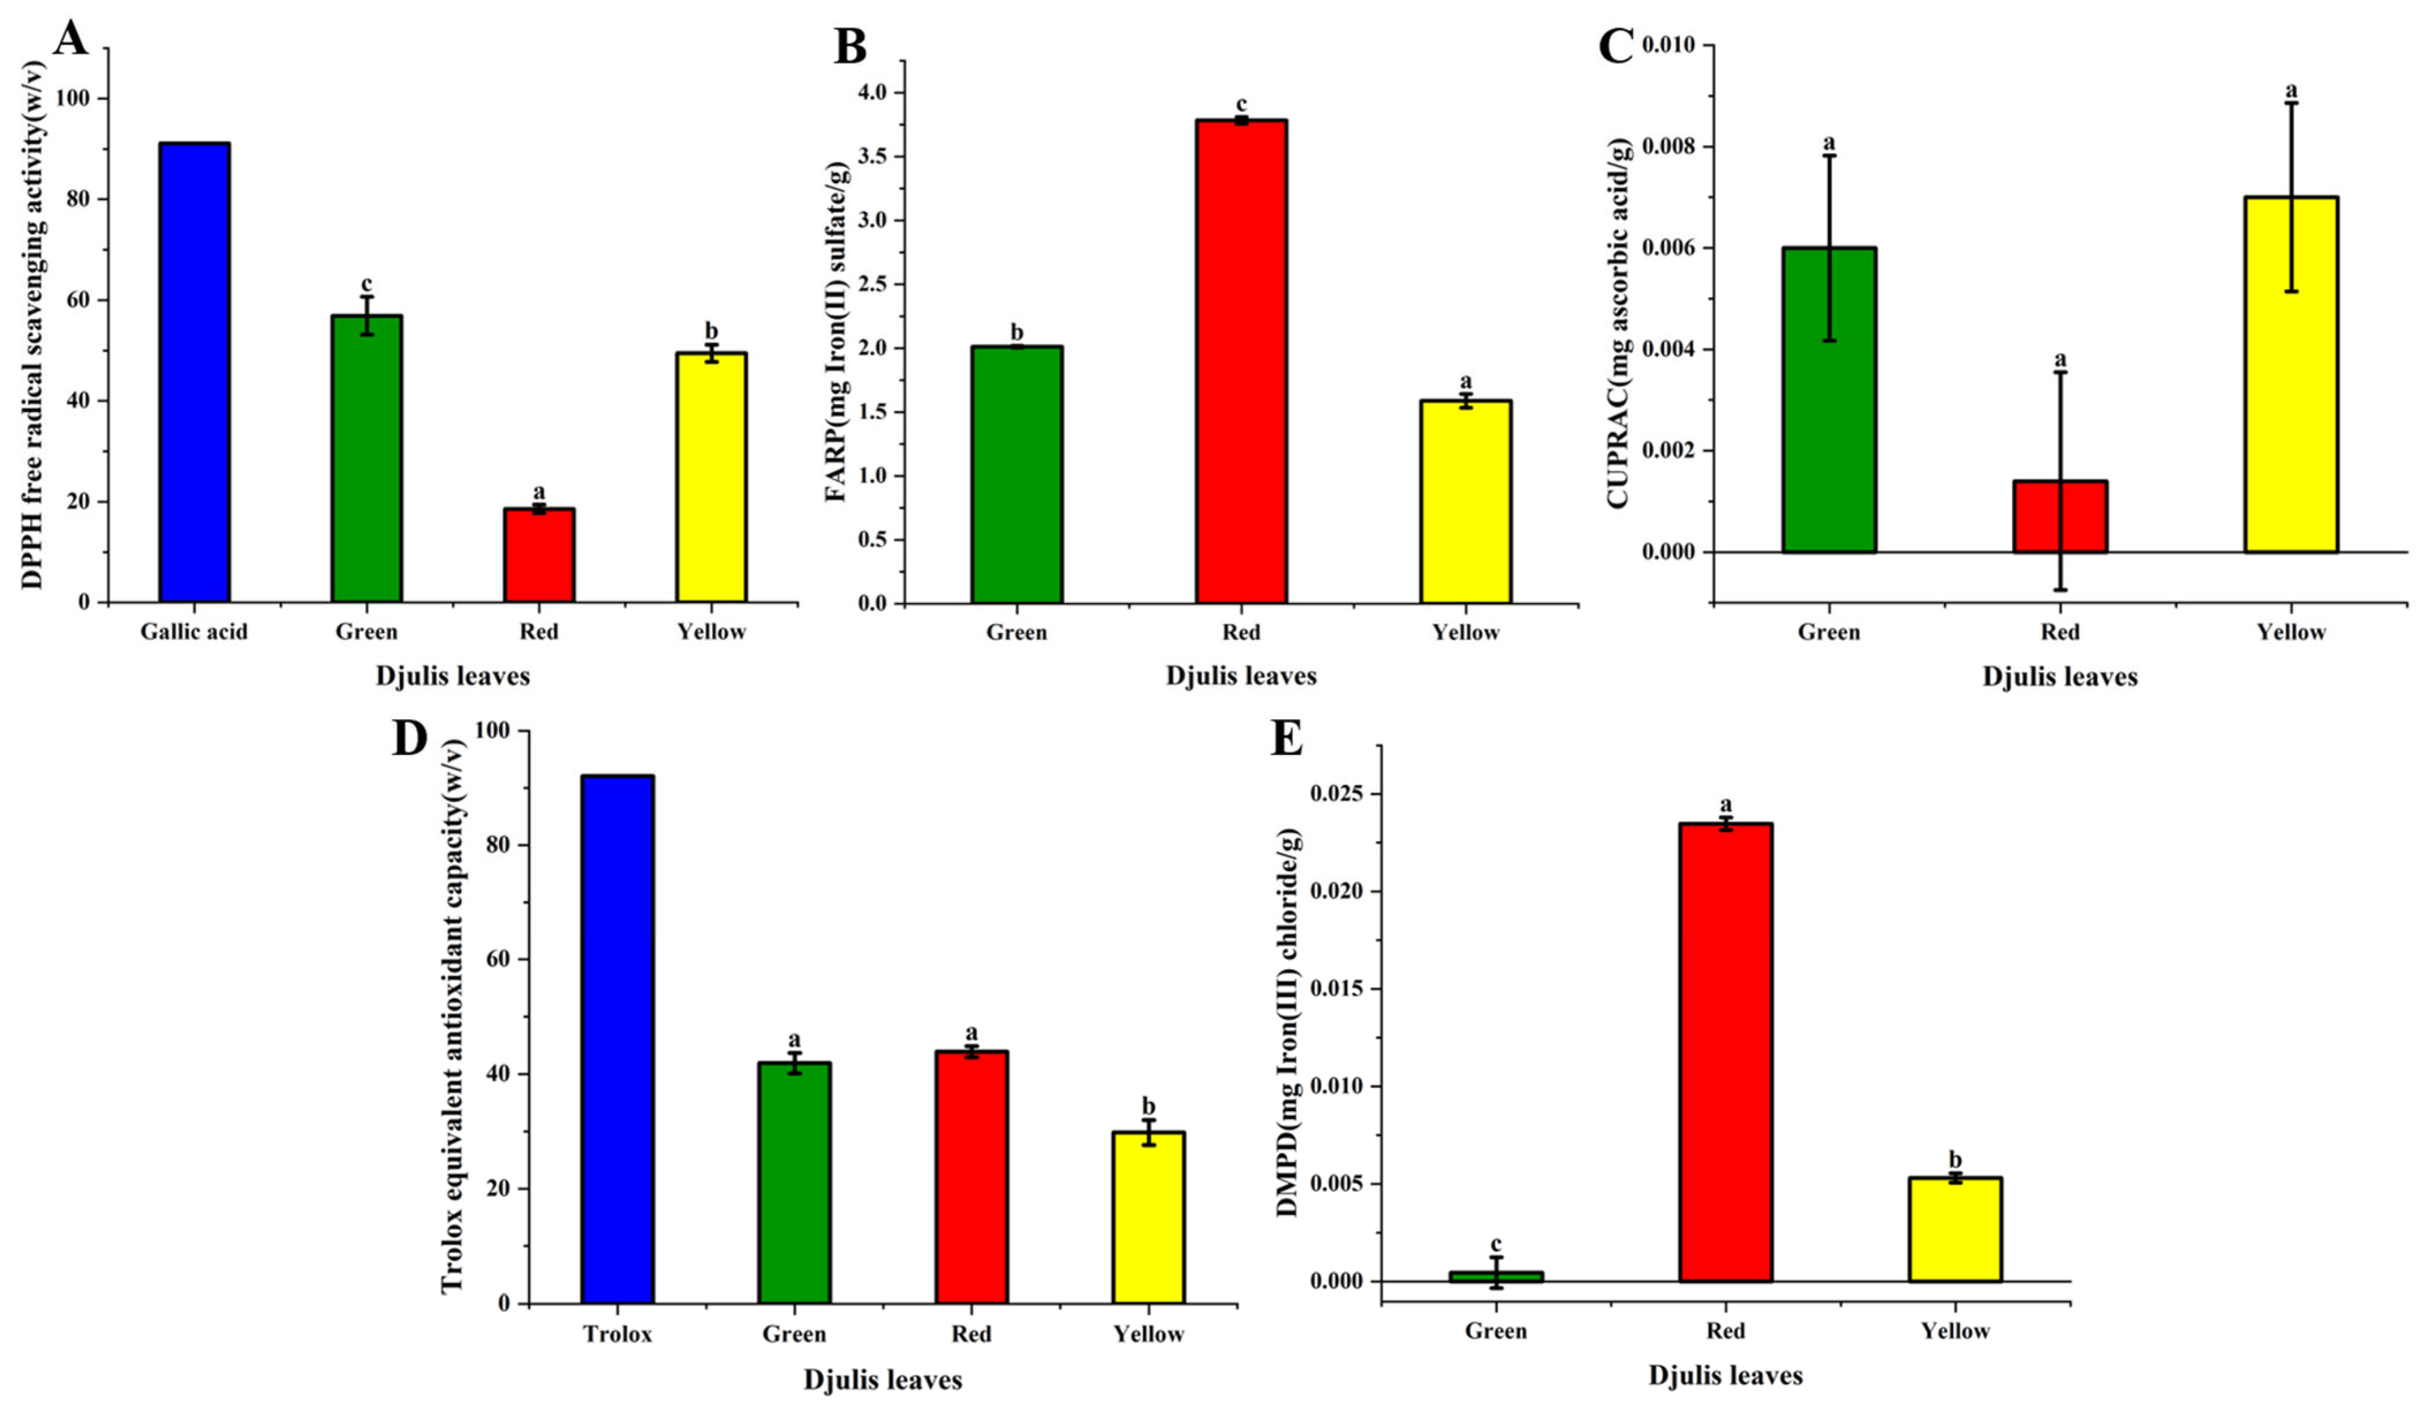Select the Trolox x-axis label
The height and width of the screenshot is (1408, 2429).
pyautogui.click(x=618, y=1334)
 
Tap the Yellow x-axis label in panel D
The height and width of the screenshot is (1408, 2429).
pyautogui.click(x=1148, y=1334)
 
